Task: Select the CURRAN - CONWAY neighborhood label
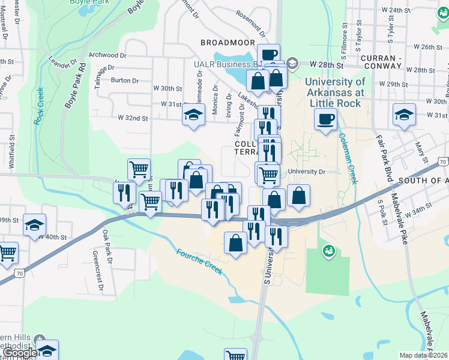(x=390, y=58)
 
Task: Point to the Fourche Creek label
(x=199, y=262)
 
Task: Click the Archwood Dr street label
(x=107, y=55)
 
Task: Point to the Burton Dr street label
(x=125, y=80)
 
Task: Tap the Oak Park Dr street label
(x=107, y=247)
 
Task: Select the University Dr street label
(x=306, y=172)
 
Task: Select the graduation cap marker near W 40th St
(x=34, y=224)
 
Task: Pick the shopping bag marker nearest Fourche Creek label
(x=235, y=243)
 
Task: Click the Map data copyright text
(x=424, y=355)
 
